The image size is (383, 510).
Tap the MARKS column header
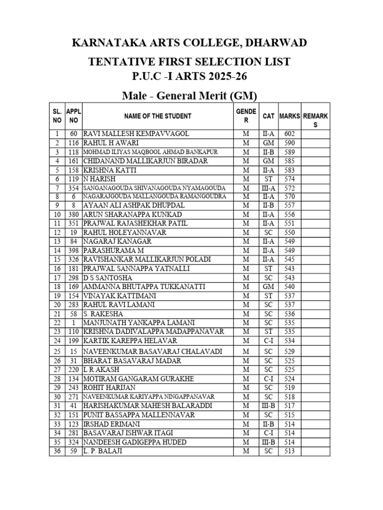(x=290, y=116)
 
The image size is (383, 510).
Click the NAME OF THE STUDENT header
(x=158, y=116)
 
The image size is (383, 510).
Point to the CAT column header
(x=268, y=116)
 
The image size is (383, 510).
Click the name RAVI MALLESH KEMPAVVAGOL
(x=129, y=134)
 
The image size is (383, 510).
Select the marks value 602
(x=290, y=134)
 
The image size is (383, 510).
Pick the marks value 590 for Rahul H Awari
(x=290, y=143)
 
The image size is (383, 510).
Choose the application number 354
(x=73, y=188)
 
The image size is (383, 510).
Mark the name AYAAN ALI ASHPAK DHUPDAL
(x=134, y=206)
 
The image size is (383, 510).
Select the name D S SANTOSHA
(x=108, y=277)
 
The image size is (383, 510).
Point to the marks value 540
(x=290, y=287)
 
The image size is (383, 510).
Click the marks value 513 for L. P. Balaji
(x=290, y=451)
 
